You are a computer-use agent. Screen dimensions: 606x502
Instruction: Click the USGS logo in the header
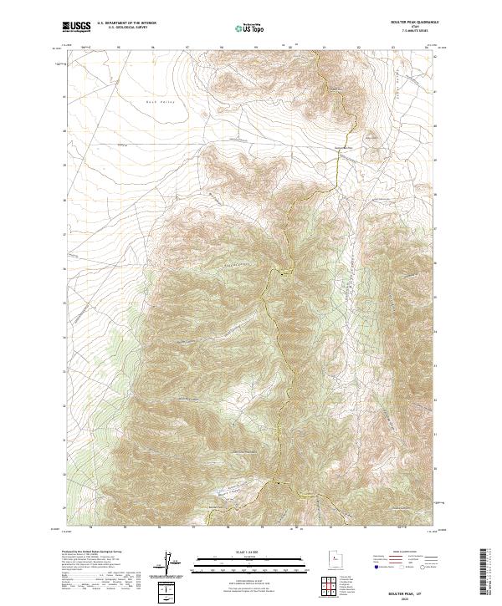[77, 27]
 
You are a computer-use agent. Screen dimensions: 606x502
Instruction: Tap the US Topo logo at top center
[250, 28]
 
